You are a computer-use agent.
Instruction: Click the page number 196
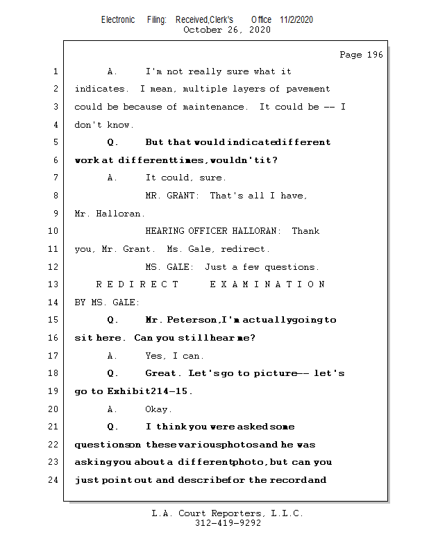[375, 55]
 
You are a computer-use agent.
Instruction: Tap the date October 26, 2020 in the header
[226, 30]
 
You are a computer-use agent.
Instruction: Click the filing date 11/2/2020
[296, 19]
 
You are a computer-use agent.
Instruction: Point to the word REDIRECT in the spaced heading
[137, 284]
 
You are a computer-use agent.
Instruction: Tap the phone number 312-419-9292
[228, 524]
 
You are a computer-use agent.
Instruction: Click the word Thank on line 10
[305, 231]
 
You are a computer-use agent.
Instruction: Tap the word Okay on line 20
[158, 409]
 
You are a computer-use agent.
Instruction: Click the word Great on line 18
[162, 373]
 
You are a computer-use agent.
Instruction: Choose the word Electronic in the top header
[118, 19]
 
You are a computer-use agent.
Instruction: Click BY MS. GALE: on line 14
[107, 302]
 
